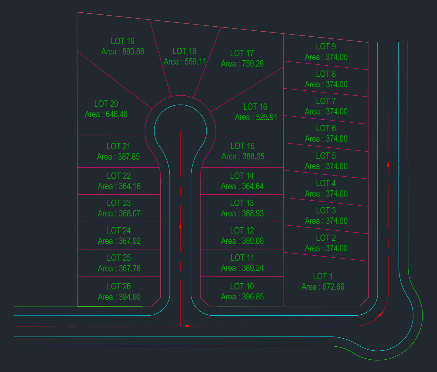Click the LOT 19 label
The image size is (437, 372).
point(123,41)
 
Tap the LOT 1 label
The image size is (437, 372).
point(323,276)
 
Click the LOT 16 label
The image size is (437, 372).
point(255,107)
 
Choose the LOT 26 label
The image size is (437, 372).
point(119,286)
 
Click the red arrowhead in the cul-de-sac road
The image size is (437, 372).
point(180,225)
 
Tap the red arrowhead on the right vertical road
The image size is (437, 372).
point(388,164)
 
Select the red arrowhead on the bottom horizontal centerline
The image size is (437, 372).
point(188,326)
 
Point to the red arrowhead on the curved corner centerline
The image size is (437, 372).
point(381,314)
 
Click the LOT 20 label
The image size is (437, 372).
point(106,104)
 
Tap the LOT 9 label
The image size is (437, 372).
point(326,46)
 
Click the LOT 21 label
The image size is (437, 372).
point(118,146)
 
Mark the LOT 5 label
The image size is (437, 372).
point(326,156)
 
